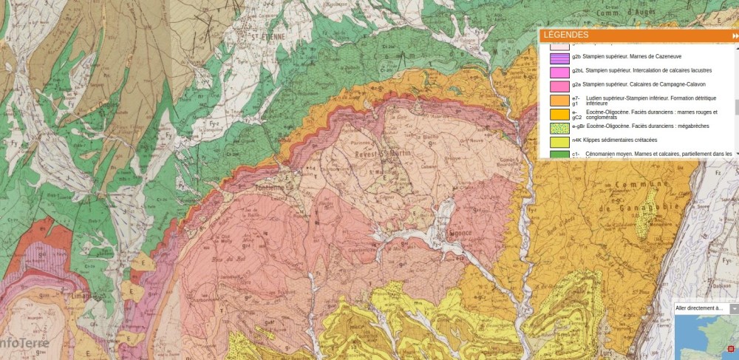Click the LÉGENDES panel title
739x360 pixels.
pos(566,35)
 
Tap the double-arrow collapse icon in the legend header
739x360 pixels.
pos(735,35)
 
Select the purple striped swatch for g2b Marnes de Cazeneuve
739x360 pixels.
pos(559,56)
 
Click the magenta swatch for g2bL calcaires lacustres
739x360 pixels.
pos(559,70)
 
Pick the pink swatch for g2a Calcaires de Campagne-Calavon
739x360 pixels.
pos(559,85)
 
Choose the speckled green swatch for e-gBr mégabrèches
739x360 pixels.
pos(559,127)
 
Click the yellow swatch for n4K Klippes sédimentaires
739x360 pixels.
pos(559,140)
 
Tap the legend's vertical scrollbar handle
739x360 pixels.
pos(735,107)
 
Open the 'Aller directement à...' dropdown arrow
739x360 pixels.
pos(734,308)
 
